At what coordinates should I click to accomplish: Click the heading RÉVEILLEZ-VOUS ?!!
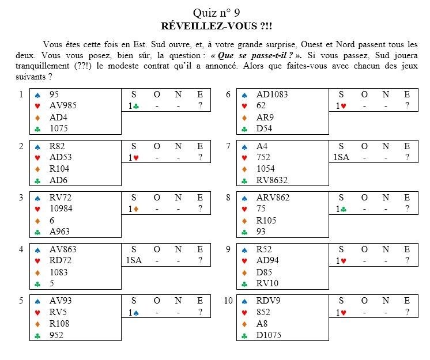(x=215, y=26)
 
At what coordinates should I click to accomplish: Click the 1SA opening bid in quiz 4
(x=133, y=260)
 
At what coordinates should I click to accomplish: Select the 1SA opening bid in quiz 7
(x=341, y=157)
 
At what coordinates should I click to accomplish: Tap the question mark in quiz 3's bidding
(x=199, y=209)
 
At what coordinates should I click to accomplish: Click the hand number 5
(x=21, y=301)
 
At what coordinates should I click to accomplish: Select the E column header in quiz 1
(x=199, y=94)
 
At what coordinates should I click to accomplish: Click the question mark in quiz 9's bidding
(x=407, y=260)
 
